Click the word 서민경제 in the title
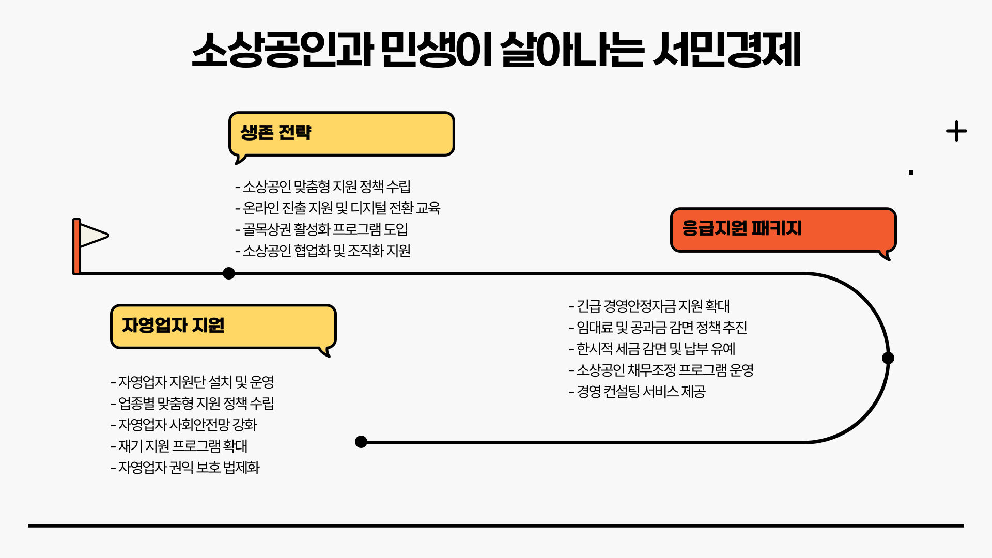coord(726,50)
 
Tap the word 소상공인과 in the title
coord(282,50)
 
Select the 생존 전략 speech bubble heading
coord(276,133)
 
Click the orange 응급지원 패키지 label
coord(741,228)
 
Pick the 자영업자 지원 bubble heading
coord(173,326)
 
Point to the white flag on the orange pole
coord(94,235)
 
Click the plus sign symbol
coord(956,131)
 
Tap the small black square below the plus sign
coord(911,172)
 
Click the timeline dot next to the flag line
coord(229,273)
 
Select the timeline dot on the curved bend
coord(888,358)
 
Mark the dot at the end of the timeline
coord(361,442)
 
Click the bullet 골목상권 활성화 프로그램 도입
coord(322,229)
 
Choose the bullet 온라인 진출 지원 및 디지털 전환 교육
coord(338,208)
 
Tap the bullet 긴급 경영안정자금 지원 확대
coord(649,306)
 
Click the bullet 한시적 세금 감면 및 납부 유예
coord(652,349)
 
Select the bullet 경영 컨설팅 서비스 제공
coord(637,392)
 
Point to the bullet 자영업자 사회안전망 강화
coord(184,425)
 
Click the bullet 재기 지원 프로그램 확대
coord(179,446)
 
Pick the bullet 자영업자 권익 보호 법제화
coord(185,468)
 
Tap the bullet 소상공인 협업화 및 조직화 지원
coord(323,251)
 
